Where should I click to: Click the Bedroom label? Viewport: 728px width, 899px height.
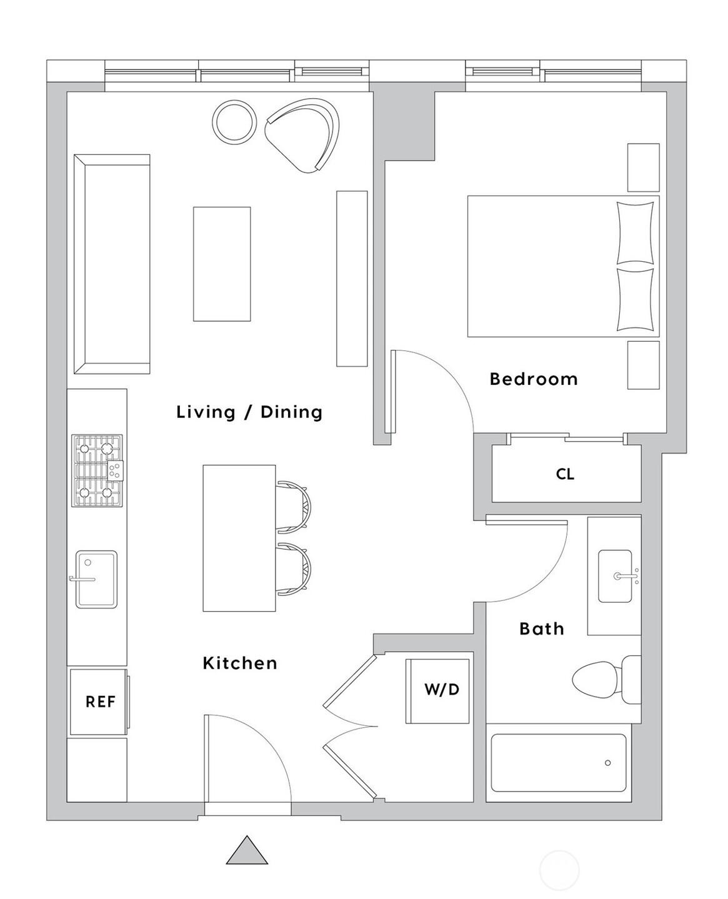pyautogui.click(x=533, y=379)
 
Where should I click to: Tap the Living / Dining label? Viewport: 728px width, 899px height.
pyautogui.click(x=249, y=412)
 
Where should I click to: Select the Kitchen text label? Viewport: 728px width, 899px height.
pyautogui.click(x=240, y=663)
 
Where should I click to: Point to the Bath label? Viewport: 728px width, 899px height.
pyautogui.click(x=542, y=628)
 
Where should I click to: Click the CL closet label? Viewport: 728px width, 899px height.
pyautogui.click(x=565, y=474)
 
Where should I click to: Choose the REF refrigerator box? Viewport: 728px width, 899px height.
pyautogui.click(x=99, y=702)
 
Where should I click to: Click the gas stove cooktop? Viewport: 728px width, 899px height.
pyautogui.click(x=97, y=470)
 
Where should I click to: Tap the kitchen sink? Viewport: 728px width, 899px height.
pyautogui.click(x=96, y=579)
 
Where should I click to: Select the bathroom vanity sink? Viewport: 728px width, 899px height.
pyautogui.click(x=615, y=576)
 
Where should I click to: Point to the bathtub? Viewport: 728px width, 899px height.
pyautogui.click(x=558, y=763)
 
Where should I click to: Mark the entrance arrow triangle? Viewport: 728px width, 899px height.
pyautogui.click(x=247, y=852)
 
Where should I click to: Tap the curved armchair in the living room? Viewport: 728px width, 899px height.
pyautogui.click(x=304, y=134)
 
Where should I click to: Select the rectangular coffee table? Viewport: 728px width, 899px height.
pyautogui.click(x=222, y=264)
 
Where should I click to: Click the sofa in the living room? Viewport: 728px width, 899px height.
pyautogui.click(x=111, y=264)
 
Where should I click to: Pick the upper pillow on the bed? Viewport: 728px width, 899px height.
pyautogui.click(x=635, y=233)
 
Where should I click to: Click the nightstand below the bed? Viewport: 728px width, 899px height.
pyautogui.click(x=643, y=365)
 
